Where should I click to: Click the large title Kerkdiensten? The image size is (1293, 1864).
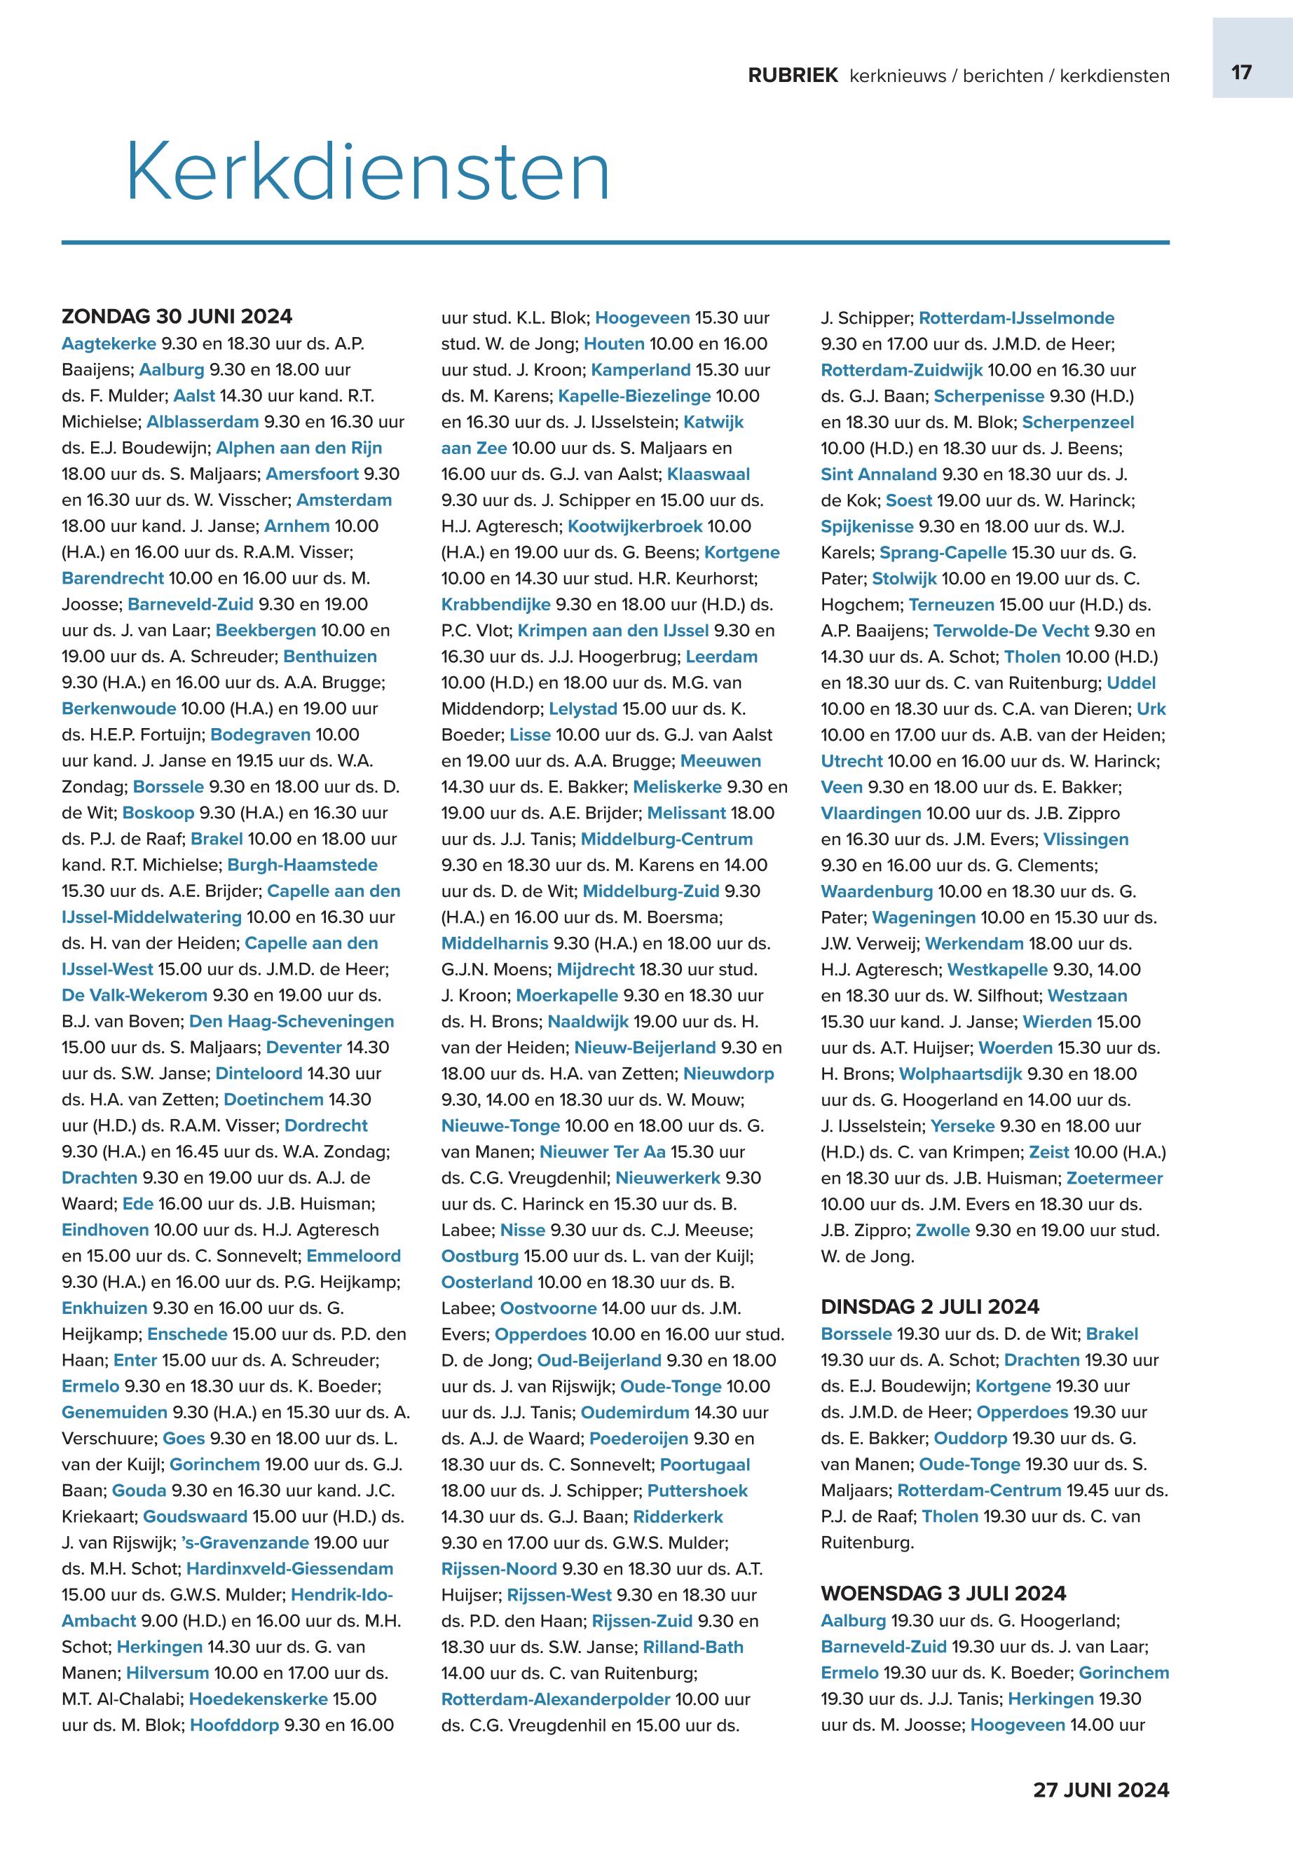coord(368,172)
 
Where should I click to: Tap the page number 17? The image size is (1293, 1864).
coord(1241,73)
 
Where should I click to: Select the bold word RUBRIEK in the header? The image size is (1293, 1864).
coord(793,76)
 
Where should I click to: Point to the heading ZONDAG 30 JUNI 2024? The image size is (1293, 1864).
coord(177,316)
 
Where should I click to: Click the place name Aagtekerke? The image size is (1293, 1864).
coord(109,343)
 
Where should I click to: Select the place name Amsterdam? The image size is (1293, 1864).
coord(343,500)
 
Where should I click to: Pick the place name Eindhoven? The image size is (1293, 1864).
coord(105,1230)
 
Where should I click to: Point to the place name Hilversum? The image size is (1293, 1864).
coord(167,1673)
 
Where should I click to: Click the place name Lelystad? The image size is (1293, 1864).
coord(582,709)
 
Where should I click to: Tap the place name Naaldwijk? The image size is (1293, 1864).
coord(587,1022)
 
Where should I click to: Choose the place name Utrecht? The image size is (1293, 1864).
coord(851,762)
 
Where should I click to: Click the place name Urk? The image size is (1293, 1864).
coord(1151,709)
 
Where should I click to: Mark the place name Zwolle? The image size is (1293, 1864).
coord(942,1230)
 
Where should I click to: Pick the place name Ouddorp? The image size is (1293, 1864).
coord(970,1438)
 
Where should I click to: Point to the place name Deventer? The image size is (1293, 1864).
coord(304,1048)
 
